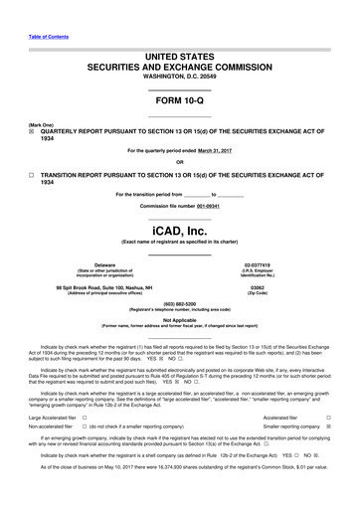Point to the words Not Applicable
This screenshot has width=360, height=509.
coord(179,320)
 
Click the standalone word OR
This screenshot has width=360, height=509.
coord(179,163)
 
